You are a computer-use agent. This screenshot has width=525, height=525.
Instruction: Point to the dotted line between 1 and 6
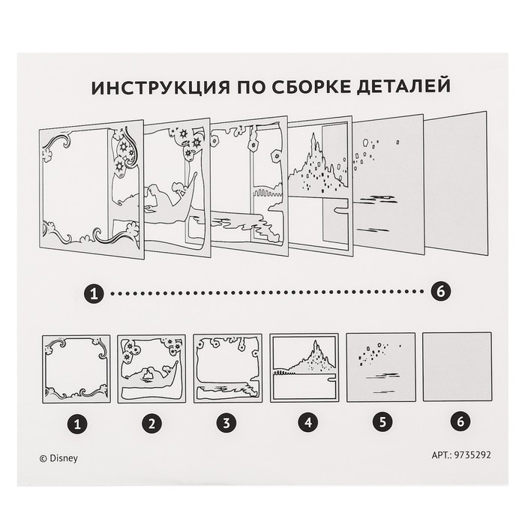(268, 294)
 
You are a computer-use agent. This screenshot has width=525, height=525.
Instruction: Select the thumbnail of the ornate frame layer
(76, 369)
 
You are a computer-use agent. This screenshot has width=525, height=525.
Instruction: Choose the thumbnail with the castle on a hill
(304, 369)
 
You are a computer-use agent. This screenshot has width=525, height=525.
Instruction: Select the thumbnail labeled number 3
(228, 369)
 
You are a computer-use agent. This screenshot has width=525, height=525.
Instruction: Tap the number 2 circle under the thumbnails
(153, 424)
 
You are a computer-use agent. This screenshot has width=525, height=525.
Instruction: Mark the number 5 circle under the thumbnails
(381, 424)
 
